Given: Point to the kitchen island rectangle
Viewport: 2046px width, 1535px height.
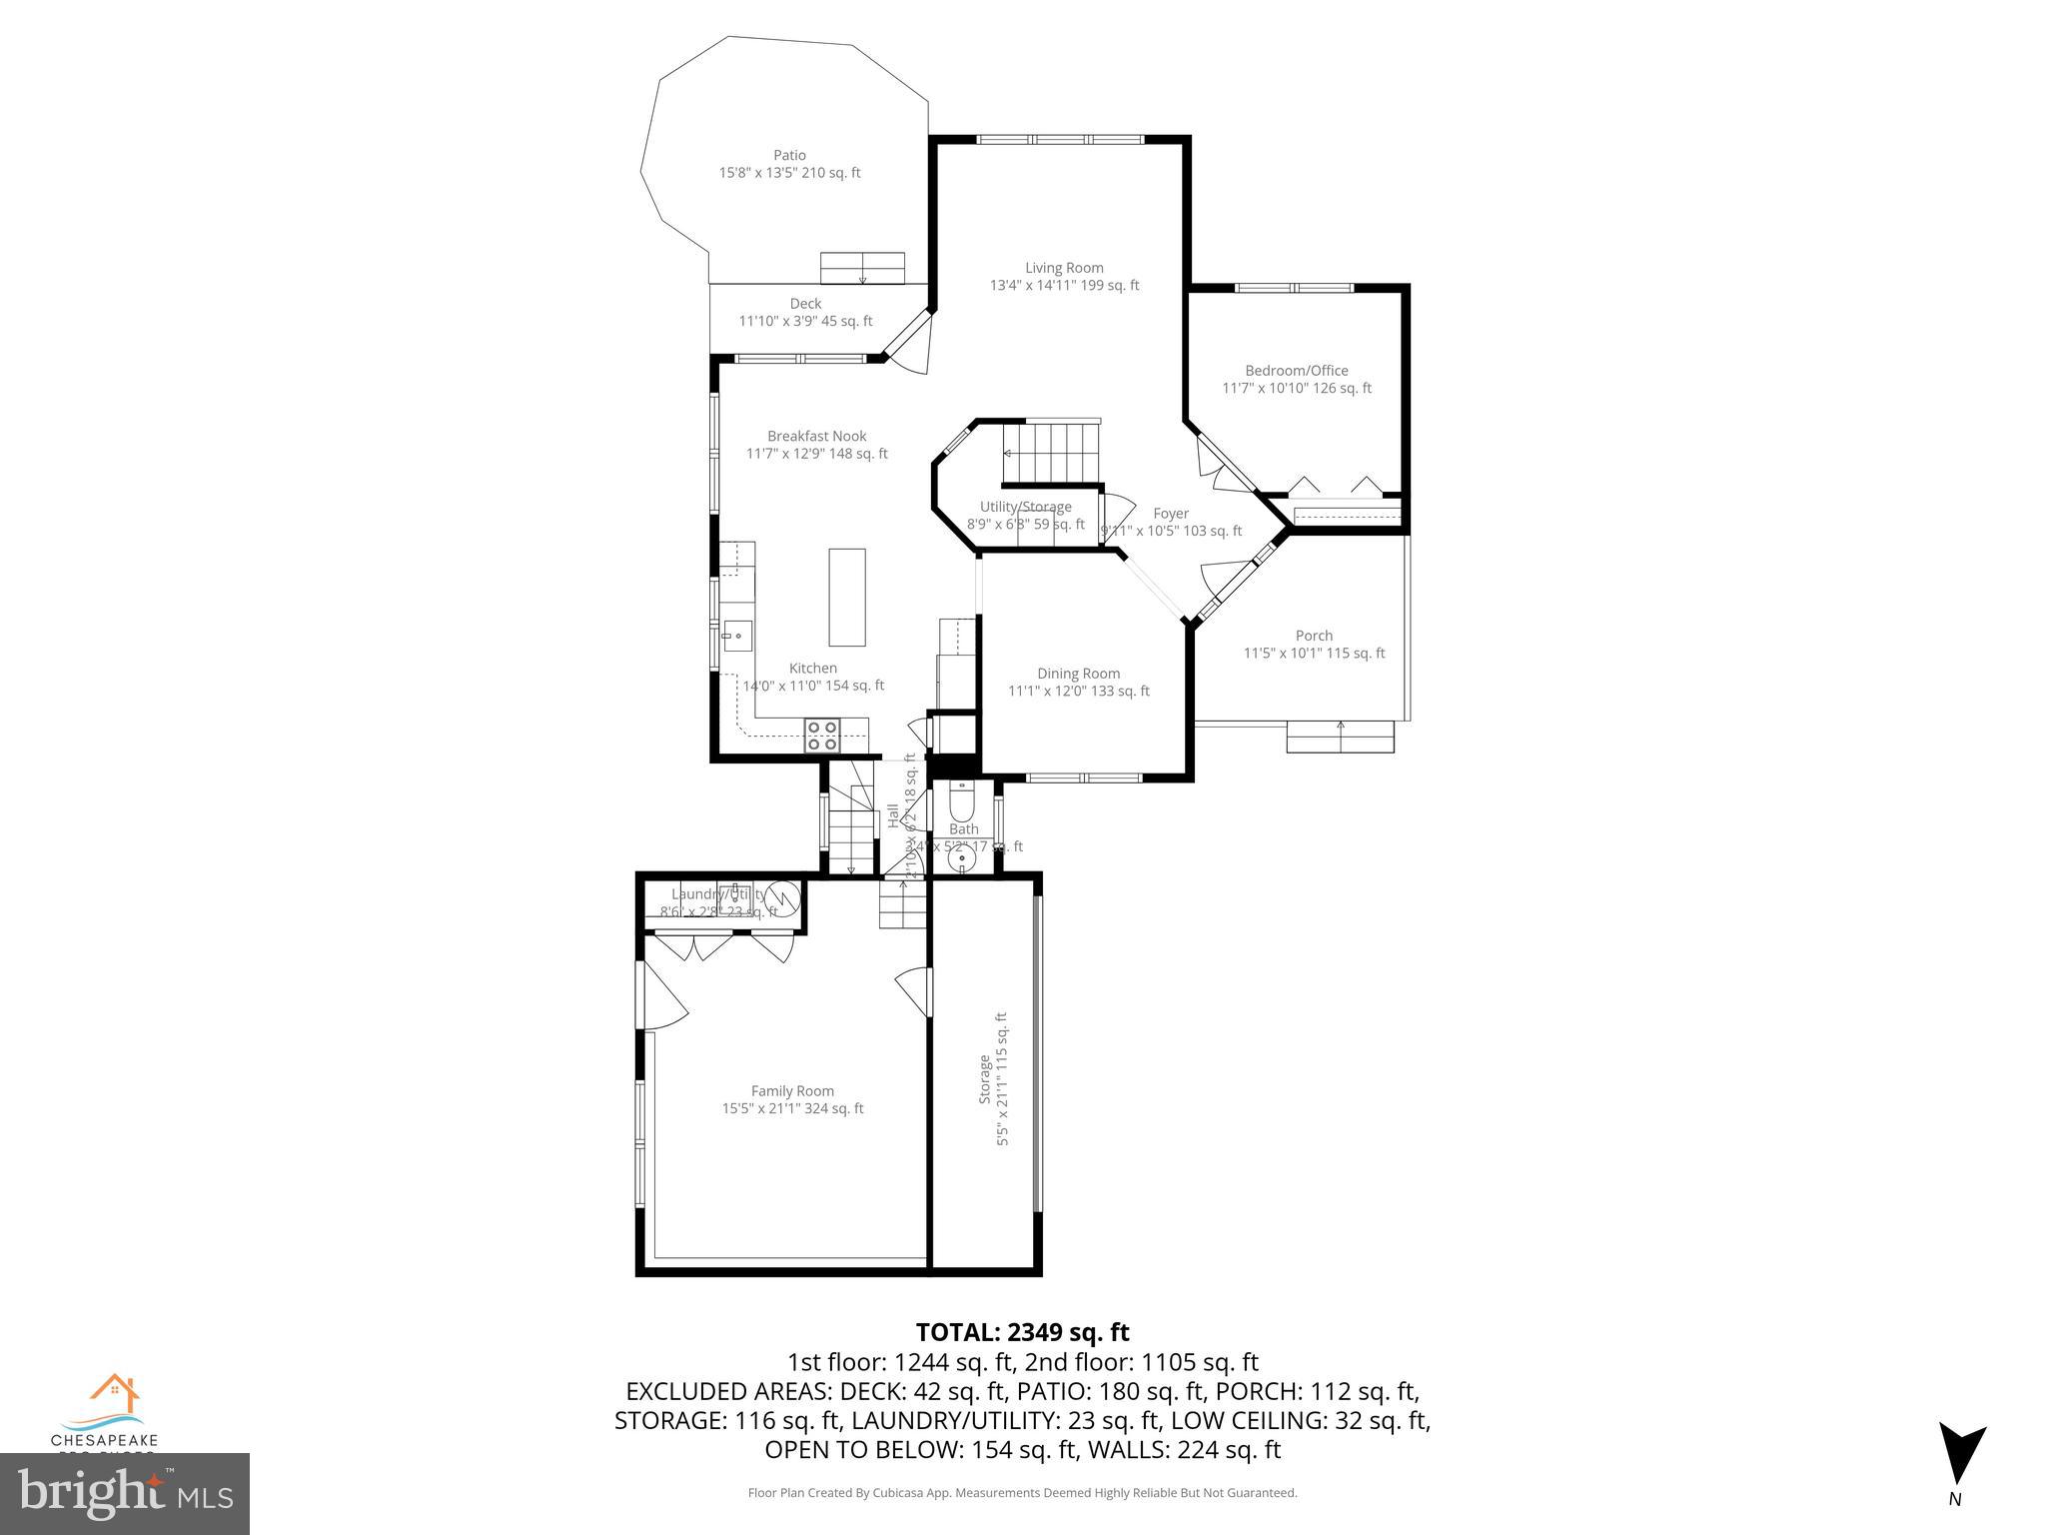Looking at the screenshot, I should point(846,597).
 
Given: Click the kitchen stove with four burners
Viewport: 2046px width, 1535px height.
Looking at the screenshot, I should point(822,736).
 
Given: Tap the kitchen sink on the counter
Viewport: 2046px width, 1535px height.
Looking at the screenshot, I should point(737,636).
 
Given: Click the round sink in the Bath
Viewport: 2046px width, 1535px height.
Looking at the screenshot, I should point(961,857).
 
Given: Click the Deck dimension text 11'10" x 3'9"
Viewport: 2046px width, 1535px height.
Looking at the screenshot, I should point(805,321).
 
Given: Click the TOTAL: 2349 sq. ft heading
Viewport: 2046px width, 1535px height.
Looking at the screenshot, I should point(1022,1332).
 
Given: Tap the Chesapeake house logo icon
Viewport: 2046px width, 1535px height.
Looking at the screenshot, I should point(114,1392).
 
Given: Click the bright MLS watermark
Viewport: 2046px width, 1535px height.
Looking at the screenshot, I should point(124,1494).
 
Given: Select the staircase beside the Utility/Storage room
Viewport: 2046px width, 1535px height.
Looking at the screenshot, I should point(1052,452).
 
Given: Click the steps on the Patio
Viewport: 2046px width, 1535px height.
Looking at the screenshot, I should point(862,268).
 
